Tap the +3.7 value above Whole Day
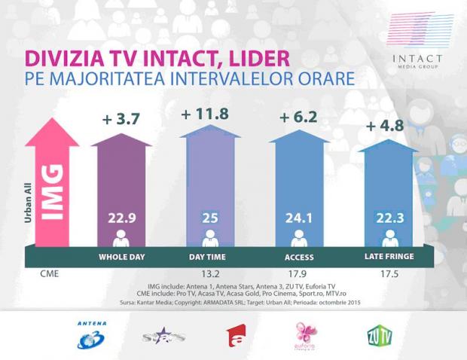tap(121, 119)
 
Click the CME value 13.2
tap(210, 275)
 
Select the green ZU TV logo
tap(378, 333)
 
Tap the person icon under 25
tap(210, 240)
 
